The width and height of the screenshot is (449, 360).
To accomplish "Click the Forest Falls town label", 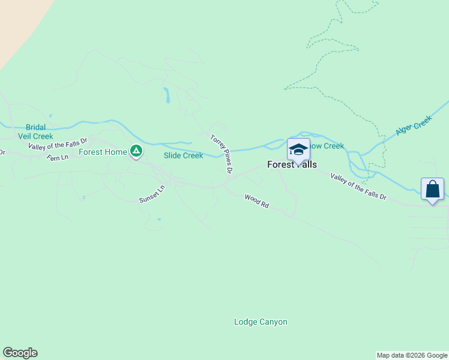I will click(x=292, y=164).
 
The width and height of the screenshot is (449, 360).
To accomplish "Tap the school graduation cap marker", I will click(x=298, y=149).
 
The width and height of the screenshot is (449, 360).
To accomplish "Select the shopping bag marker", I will click(x=432, y=189).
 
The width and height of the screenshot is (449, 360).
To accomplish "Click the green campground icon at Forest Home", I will click(x=136, y=151).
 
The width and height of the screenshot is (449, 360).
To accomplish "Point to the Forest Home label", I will click(x=103, y=152).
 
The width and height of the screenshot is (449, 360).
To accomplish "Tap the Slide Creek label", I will click(x=184, y=155).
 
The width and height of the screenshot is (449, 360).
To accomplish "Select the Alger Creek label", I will click(x=414, y=126).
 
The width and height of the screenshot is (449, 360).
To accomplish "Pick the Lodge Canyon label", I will click(x=261, y=322).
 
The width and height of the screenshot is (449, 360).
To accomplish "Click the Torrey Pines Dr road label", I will click(x=221, y=154).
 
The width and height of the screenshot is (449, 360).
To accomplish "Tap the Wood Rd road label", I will click(x=256, y=201).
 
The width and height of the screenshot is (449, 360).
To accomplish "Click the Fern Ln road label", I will click(x=58, y=157).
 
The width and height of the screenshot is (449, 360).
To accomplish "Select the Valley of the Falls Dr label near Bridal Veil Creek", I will click(x=58, y=143).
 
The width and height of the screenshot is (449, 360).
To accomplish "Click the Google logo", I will click(x=20, y=353).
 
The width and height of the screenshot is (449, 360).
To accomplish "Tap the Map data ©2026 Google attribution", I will click(x=412, y=355).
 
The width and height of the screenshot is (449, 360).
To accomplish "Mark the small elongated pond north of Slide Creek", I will click(x=166, y=95).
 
